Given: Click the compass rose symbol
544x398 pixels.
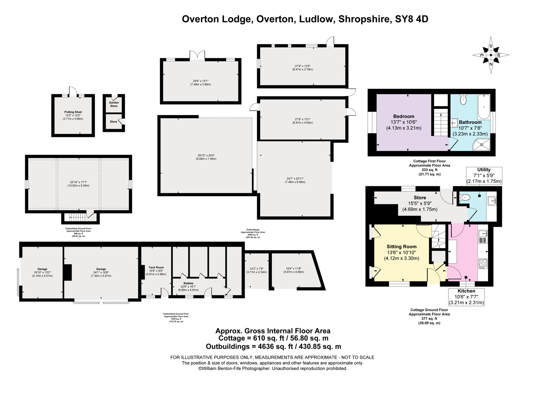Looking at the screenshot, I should point(491,55).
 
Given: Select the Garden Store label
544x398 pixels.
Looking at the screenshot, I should point(114,104).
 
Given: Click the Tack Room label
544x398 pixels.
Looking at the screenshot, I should point(156,268).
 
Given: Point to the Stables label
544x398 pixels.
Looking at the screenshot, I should point(188,283).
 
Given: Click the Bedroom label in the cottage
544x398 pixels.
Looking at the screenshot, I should point(403,116).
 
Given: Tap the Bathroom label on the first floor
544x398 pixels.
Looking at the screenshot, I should point(470,122).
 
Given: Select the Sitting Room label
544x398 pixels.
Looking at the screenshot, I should point(401,247).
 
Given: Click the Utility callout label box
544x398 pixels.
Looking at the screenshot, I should point(484,175).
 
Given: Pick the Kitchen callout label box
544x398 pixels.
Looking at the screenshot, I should point(466,297).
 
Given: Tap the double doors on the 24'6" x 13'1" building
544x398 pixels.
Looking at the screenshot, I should point(197,56).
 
